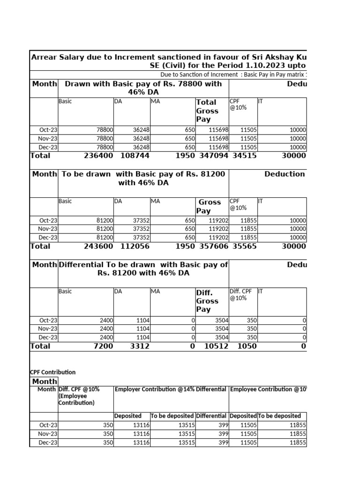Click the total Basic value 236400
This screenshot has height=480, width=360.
[98, 156]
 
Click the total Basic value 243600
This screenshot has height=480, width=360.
[98, 247]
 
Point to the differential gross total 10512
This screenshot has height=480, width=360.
[213, 346]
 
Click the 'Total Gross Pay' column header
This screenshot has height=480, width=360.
[207, 111]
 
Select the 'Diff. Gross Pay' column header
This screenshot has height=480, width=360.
[207, 301]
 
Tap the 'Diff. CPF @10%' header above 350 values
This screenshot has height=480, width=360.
[240, 294]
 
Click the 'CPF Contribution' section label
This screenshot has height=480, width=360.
[52, 372]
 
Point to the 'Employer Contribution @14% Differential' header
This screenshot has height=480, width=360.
[171, 390]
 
